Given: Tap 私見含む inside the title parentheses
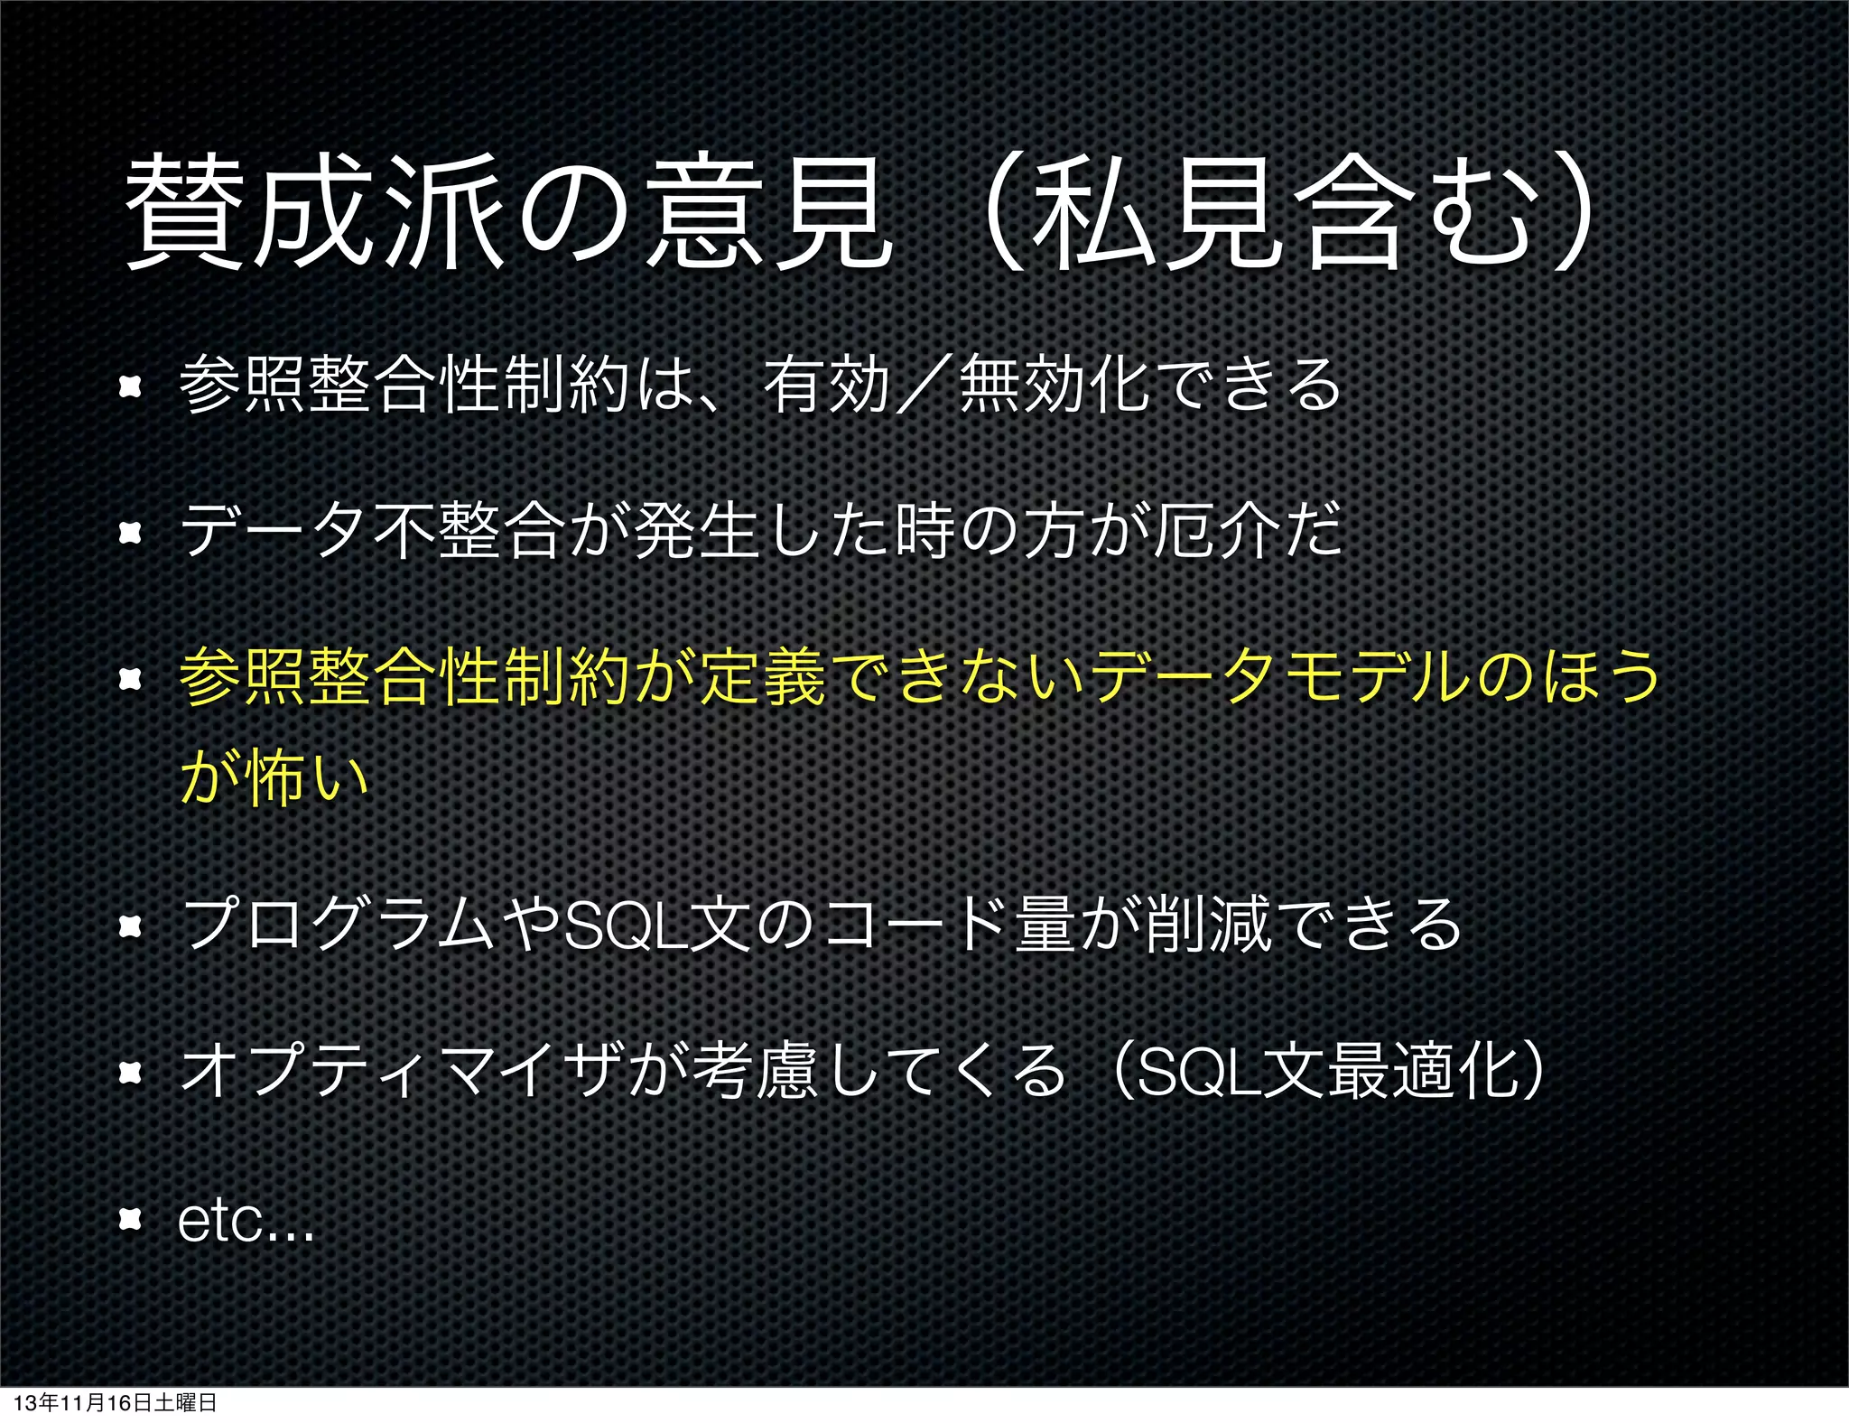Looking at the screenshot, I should pyautogui.click(x=1282, y=214).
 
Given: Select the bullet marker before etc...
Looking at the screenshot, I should pyautogui.click(x=131, y=1221).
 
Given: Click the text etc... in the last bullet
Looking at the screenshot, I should pyautogui.click(x=246, y=1221).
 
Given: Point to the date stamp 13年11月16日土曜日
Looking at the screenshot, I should pyautogui.click(x=115, y=1402).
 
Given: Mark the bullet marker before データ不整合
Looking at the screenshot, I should pyautogui.click(x=131, y=533).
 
